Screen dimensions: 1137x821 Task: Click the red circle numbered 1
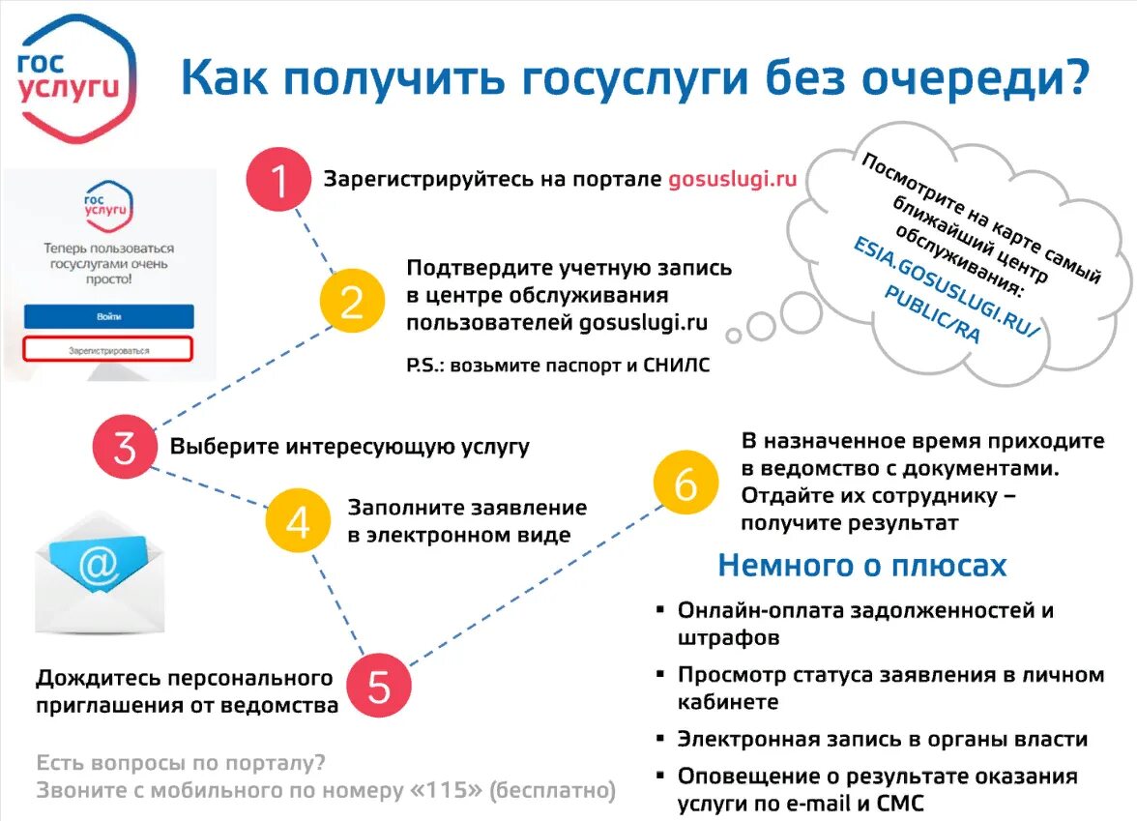pyautogui.click(x=277, y=180)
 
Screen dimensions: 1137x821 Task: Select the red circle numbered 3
pyautogui.click(x=125, y=447)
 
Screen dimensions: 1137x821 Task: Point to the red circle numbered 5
pyautogui.click(x=379, y=686)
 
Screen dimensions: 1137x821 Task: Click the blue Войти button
pyautogui.click(x=109, y=316)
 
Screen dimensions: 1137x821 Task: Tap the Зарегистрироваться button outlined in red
pyautogui.click(x=109, y=350)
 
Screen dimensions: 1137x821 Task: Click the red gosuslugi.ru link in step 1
pyautogui.click(x=732, y=180)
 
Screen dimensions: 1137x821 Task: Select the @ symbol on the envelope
pyautogui.click(x=98, y=565)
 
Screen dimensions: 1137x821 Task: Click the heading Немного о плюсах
pyautogui.click(x=861, y=566)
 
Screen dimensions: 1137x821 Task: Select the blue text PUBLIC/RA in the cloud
pyautogui.click(x=932, y=315)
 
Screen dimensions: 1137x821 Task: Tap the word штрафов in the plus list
pyautogui.click(x=728, y=638)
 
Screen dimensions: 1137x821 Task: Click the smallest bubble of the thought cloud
pyautogui.click(x=734, y=337)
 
